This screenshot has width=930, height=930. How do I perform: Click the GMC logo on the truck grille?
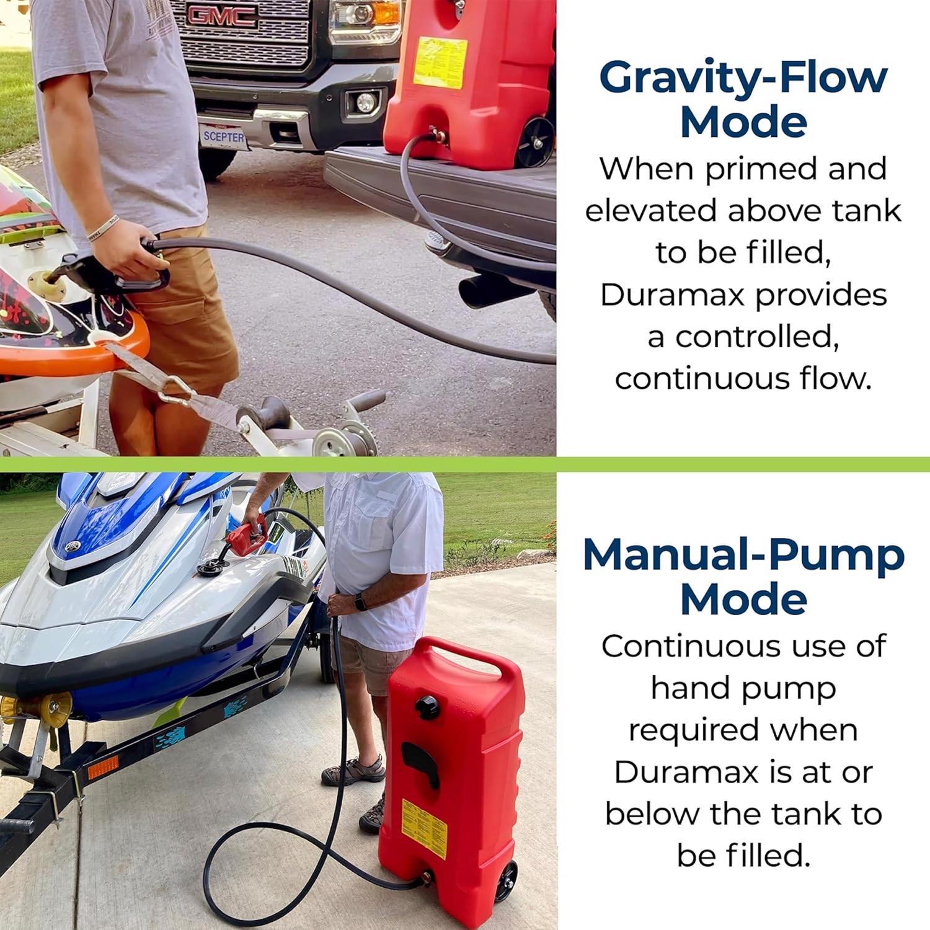[222, 17]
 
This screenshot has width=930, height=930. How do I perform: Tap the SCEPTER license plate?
[224, 136]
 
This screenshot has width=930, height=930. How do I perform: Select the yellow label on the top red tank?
[440, 62]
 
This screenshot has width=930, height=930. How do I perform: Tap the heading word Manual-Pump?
[743, 556]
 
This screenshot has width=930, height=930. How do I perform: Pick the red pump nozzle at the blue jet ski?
[246, 535]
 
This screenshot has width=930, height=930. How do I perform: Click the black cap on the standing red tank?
[427, 706]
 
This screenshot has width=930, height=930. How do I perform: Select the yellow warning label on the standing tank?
[425, 821]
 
